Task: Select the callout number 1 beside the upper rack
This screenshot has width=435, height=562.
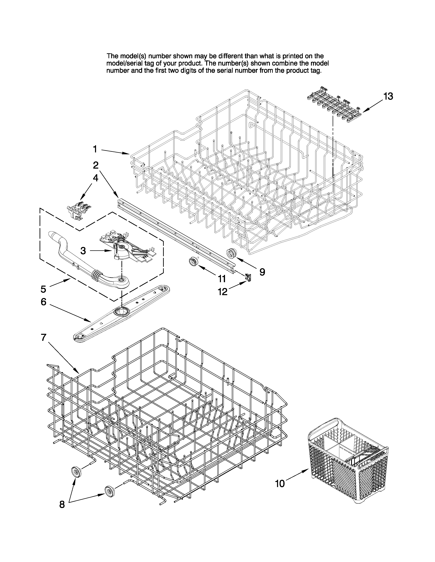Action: [x=95, y=149]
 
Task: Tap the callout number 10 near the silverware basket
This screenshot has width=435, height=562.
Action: [x=280, y=484]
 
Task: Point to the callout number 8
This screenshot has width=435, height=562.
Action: [x=62, y=505]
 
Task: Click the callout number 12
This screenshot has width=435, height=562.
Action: [x=223, y=292]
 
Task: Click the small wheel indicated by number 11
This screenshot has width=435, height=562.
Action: [x=192, y=262]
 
